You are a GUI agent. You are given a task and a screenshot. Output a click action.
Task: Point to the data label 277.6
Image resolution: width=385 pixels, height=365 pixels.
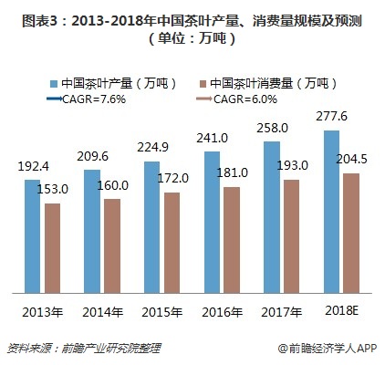click(x=334, y=118)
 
